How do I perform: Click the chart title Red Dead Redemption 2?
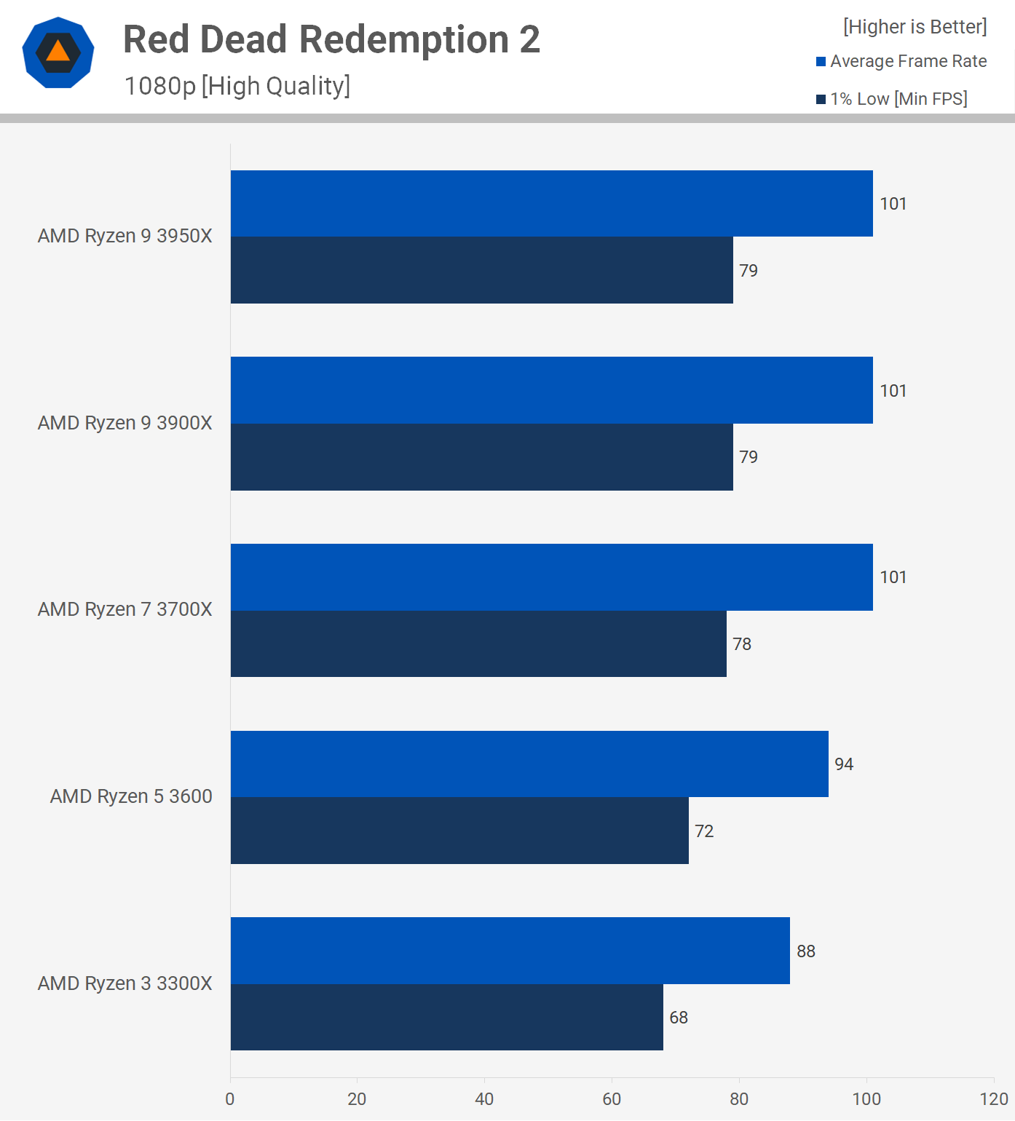(x=331, y=39)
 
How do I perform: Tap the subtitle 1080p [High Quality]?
(x=237, y=86)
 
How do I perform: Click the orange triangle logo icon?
(x=58, y=52)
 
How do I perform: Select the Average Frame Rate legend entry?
(x=901, y=61)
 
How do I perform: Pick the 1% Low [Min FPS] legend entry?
(x=892, y=99)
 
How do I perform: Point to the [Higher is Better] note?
(x=915, y=27)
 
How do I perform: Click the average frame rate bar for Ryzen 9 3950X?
(x=551, y=204)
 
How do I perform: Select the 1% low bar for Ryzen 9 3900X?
(x=481, y=457)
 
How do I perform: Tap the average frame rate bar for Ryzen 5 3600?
(x=529, y=764)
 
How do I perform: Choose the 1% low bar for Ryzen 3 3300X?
(x=446, y=1017)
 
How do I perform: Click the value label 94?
(x=844, y=764)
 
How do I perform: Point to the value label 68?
(x=679, y=1018)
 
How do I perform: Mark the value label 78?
(x=742, y=644)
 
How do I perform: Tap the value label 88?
(x=806, y=951)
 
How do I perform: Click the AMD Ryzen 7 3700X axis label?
(x=125, y=609)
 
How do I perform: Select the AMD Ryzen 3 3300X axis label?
(x=125, y=983)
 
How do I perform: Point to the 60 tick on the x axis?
(x=612, y=1099)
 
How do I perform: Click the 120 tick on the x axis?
(x=994, y=1099)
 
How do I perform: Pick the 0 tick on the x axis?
(x=230, y=1099)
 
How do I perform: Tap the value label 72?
(x=704, y=831)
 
